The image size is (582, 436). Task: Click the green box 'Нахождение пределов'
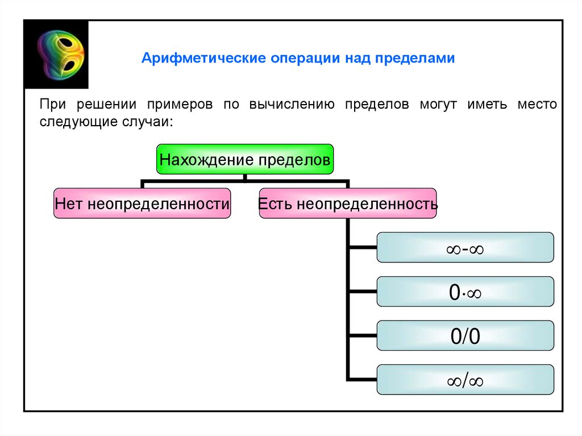(244, 159)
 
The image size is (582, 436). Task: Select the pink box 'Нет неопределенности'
(142, 203)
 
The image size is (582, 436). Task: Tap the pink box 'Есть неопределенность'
(348, 203)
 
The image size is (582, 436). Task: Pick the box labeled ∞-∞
(465, 247)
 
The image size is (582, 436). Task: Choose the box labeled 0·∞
(465, 292)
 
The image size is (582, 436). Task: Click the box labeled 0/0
(465, 336)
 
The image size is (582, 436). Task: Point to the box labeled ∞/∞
(465, 380)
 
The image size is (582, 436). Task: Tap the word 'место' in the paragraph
(537, 106)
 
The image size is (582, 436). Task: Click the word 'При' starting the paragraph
(51, 106)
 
